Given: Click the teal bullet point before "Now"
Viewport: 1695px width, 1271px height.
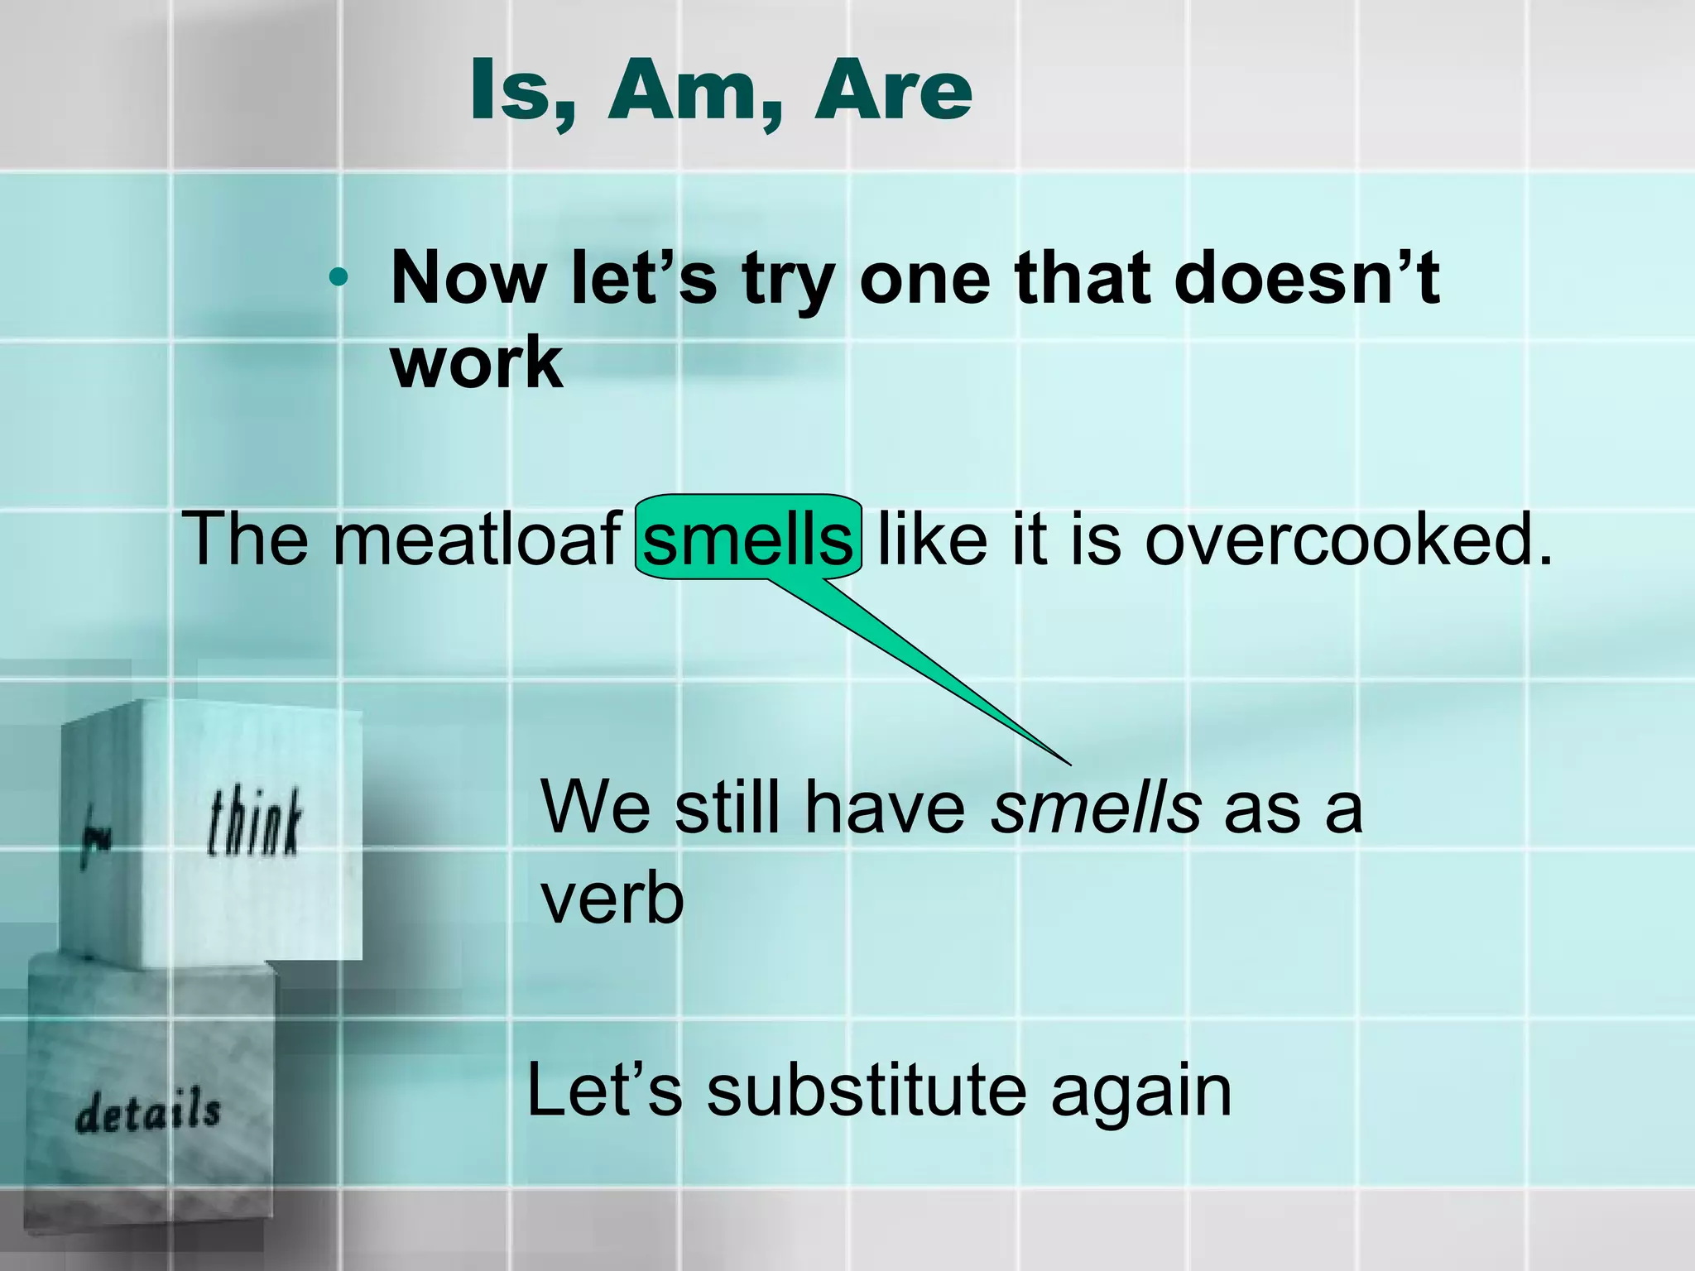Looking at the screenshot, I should point(337,278).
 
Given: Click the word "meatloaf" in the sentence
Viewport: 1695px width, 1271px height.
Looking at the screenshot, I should point(477,539).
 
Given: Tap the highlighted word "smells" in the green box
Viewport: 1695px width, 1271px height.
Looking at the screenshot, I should point(747,539).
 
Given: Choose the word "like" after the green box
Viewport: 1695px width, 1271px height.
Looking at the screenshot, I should point(932,539).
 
